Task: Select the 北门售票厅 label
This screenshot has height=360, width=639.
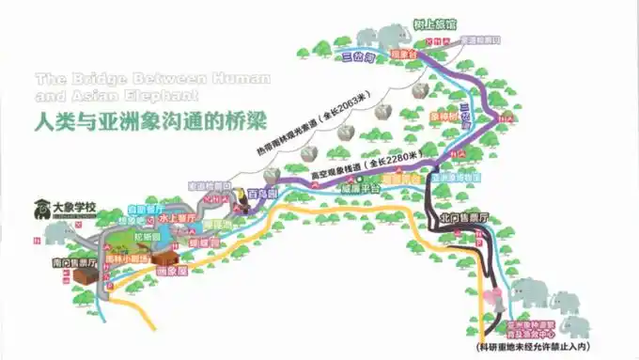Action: (x=464, y=218)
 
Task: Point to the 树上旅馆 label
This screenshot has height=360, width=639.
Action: (x=441, y=23)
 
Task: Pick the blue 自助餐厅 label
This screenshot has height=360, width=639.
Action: (x=146, y=208)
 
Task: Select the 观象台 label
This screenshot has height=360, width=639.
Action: (x=402, y=56)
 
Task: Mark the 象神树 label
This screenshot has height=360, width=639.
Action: (x=443, y=117)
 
